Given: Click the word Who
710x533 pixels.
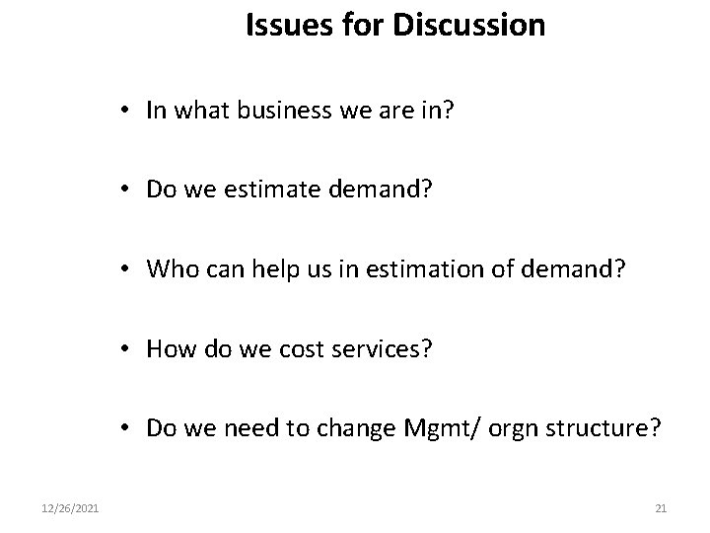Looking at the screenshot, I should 170,269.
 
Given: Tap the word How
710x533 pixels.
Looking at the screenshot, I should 169,348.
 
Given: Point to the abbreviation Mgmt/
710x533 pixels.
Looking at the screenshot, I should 430,428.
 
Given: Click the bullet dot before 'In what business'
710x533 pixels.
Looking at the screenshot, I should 129,112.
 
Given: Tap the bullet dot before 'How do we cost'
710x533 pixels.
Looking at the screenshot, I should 129,349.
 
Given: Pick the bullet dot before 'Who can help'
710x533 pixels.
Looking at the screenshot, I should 129,270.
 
